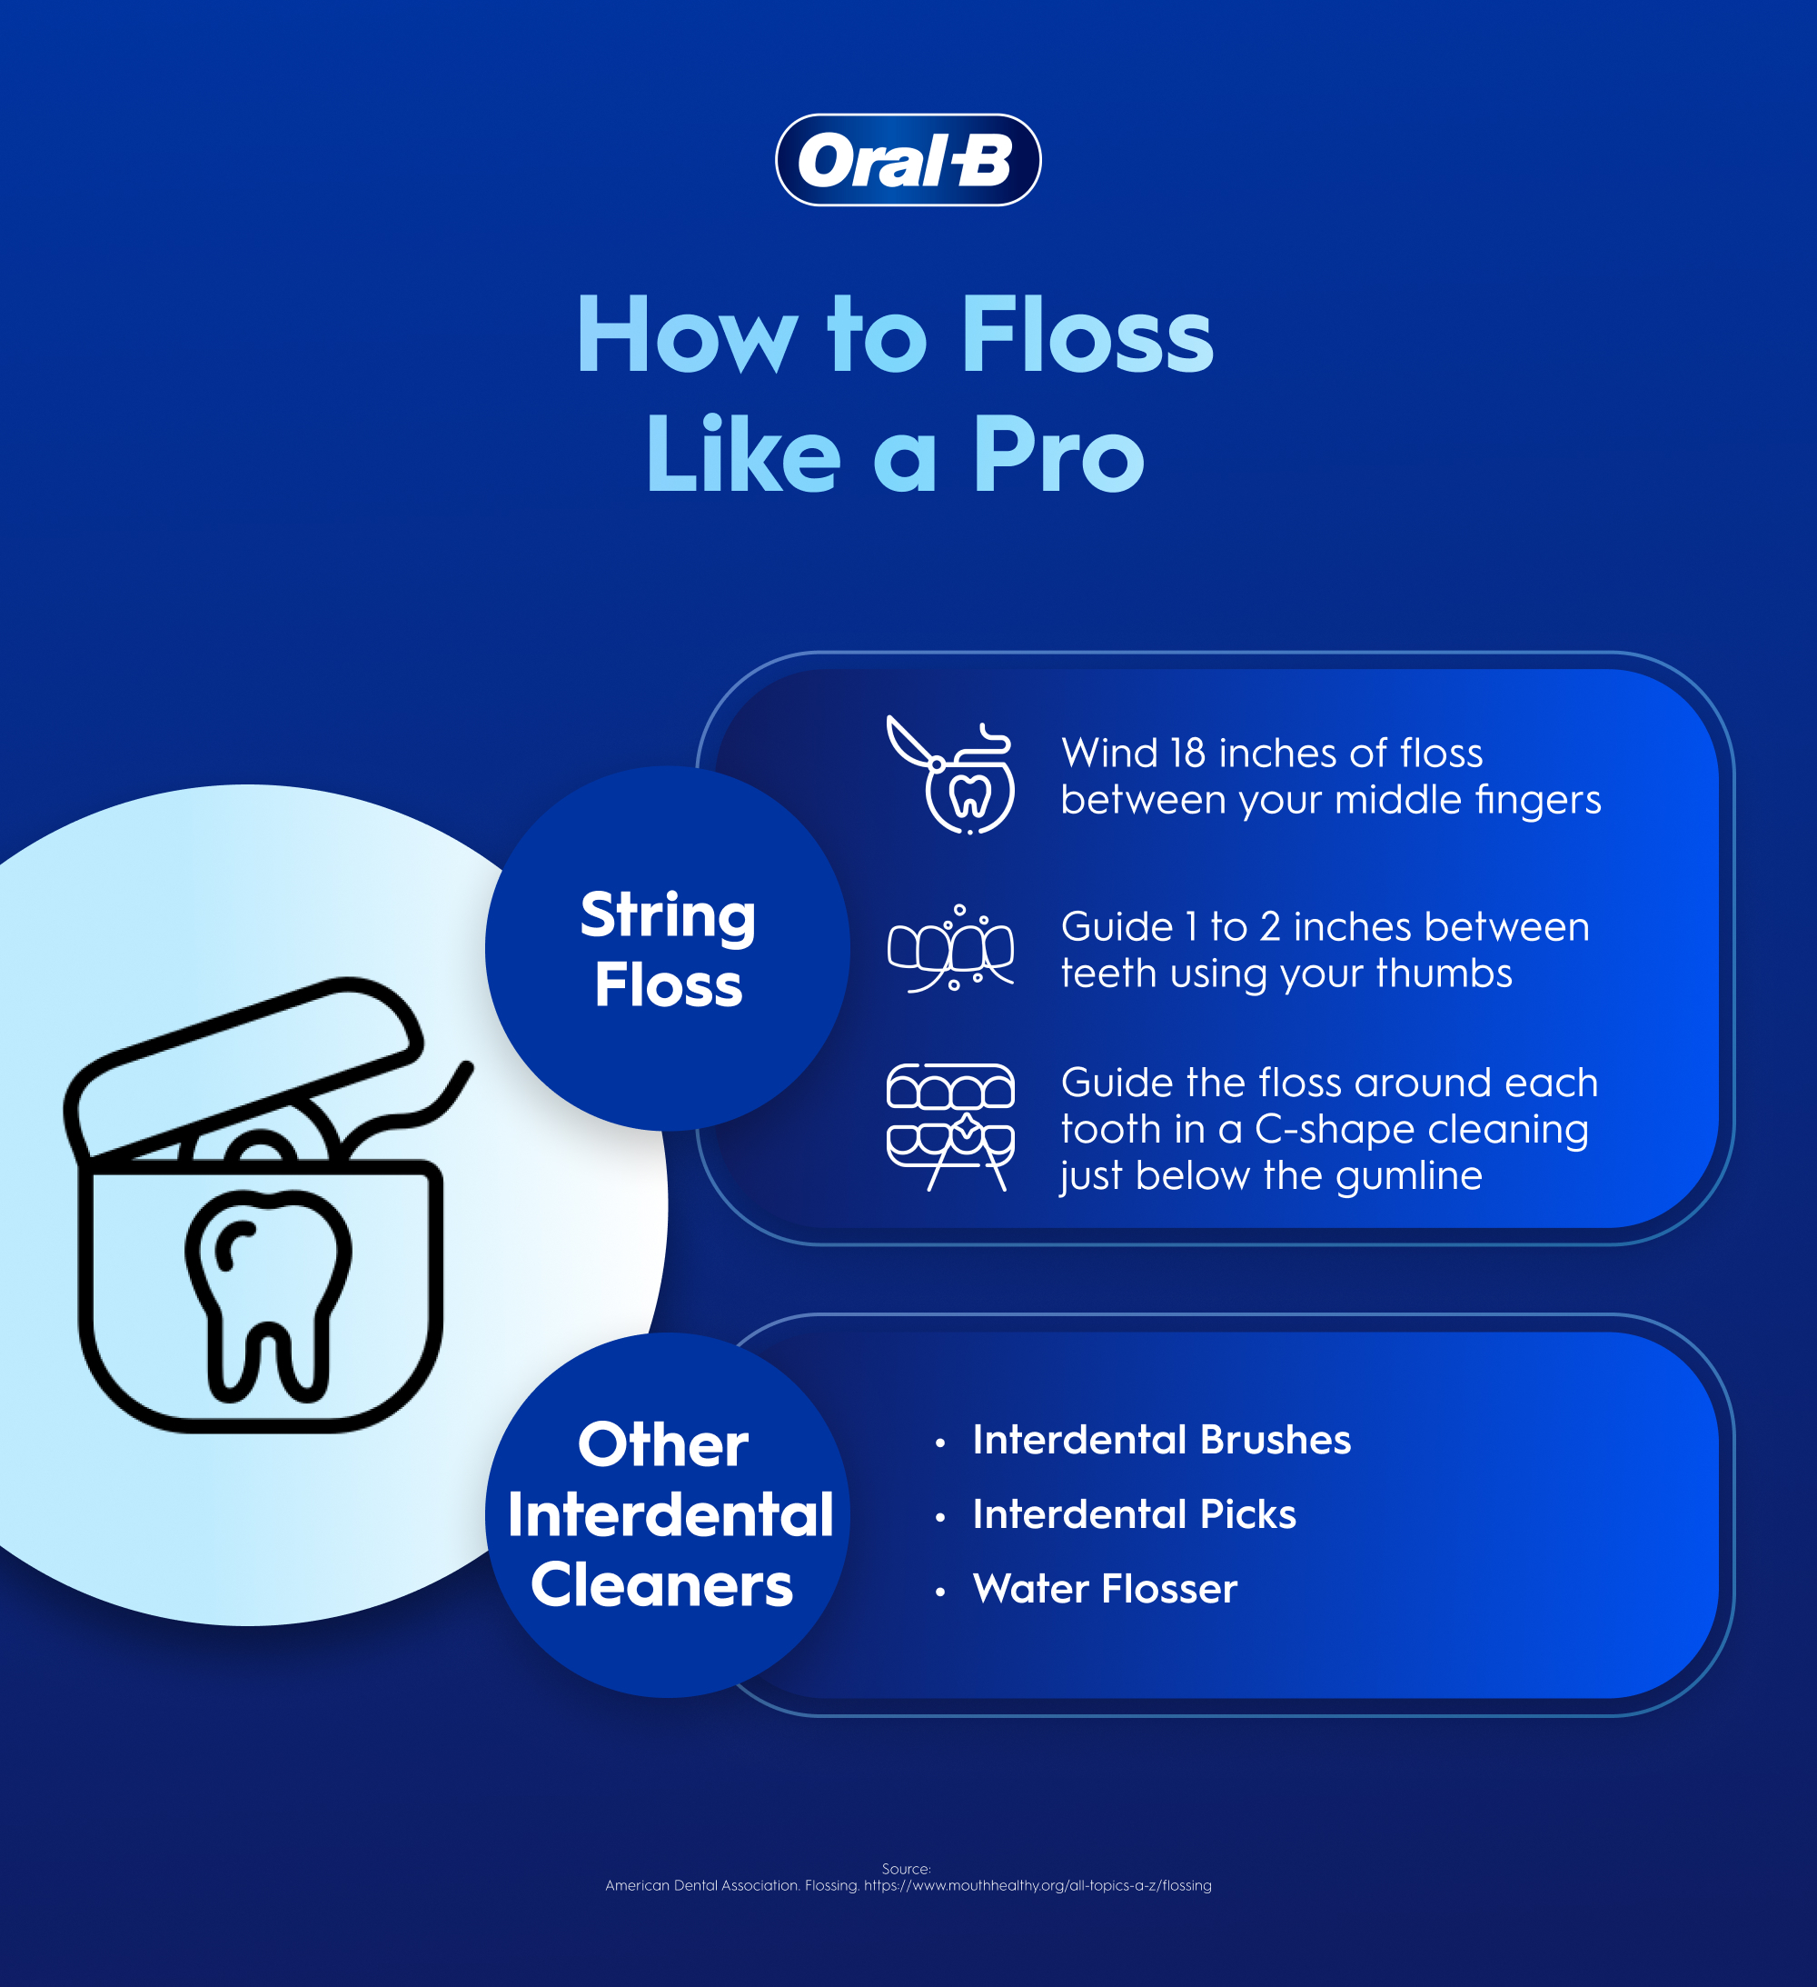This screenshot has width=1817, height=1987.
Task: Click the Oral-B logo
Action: point(908,160)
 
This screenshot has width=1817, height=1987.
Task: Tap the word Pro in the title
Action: point(1058,454)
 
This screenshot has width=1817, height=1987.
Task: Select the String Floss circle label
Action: point(668,949)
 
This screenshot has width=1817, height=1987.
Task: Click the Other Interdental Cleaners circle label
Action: point(668,1515)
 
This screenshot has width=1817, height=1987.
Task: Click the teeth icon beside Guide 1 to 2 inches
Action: point(951,948)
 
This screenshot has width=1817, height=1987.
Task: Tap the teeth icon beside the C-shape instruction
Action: point(951,1126)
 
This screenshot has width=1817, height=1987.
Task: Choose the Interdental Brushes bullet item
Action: point(1161,1440)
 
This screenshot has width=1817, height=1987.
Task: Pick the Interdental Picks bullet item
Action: point(1133,1515)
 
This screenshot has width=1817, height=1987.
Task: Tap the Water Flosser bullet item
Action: point(1104,1589)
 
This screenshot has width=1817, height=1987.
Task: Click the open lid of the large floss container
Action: point(246,1064)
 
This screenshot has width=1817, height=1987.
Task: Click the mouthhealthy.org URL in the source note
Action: point(1038,1885)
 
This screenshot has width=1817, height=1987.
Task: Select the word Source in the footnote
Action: point(905,1869)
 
